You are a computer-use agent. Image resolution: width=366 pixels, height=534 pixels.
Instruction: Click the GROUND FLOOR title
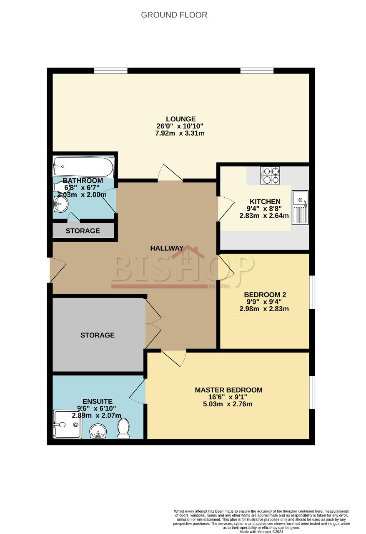tap(174, 15)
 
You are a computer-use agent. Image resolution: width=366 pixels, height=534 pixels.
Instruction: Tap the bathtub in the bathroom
tap(83, 166)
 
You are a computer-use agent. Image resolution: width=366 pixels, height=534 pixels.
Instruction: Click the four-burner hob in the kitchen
tap(270, 176)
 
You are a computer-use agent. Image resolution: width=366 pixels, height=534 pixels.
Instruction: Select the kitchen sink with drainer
tap(300, 207)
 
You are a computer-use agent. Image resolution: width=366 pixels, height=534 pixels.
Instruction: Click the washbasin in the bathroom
tap(61, 204)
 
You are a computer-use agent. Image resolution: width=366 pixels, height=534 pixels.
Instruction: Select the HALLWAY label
tap(167, 248)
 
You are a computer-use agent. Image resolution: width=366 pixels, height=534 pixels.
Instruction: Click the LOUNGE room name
tap(181, 119)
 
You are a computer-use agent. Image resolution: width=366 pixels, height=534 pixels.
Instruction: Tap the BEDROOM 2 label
tap(265, 295)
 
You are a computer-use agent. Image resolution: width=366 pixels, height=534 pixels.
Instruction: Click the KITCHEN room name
tap(265, 202)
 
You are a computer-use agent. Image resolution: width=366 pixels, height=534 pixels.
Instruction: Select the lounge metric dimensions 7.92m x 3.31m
tap(180, 133)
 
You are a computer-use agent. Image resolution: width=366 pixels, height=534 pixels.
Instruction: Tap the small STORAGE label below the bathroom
tap(83, 231)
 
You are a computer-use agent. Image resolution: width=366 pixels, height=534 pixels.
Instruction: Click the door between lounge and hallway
tap(170, 173)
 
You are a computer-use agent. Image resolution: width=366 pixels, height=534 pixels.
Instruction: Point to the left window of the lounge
tap(111, 71)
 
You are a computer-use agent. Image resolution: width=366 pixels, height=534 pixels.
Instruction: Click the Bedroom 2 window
tap(312, 292)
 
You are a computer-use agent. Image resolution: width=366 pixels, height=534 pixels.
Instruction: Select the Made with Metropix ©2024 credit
tap(261, 531)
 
